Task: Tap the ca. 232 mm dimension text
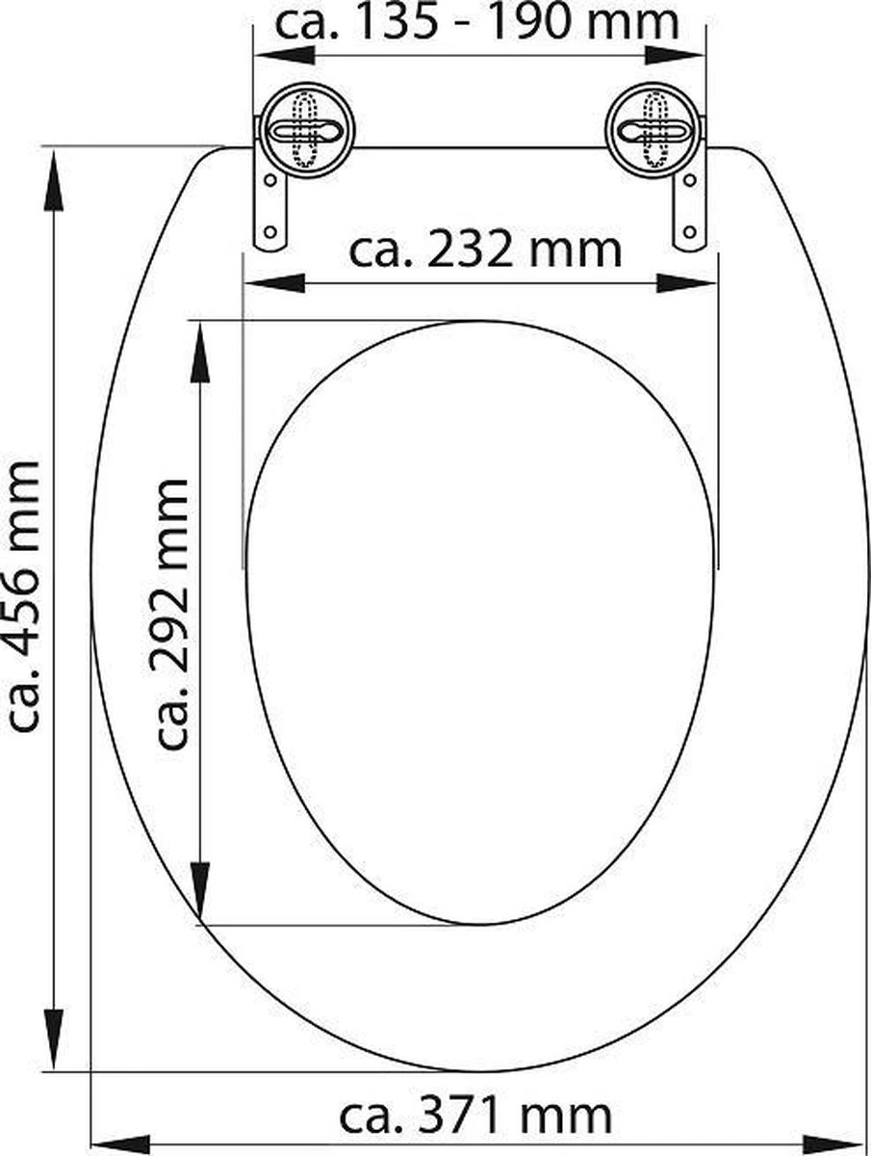(x=484, y=250)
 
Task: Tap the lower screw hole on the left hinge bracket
(x=269, y=231)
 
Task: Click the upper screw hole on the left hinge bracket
(x=270, y=180)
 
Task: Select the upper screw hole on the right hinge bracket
(x=690, y=180)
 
